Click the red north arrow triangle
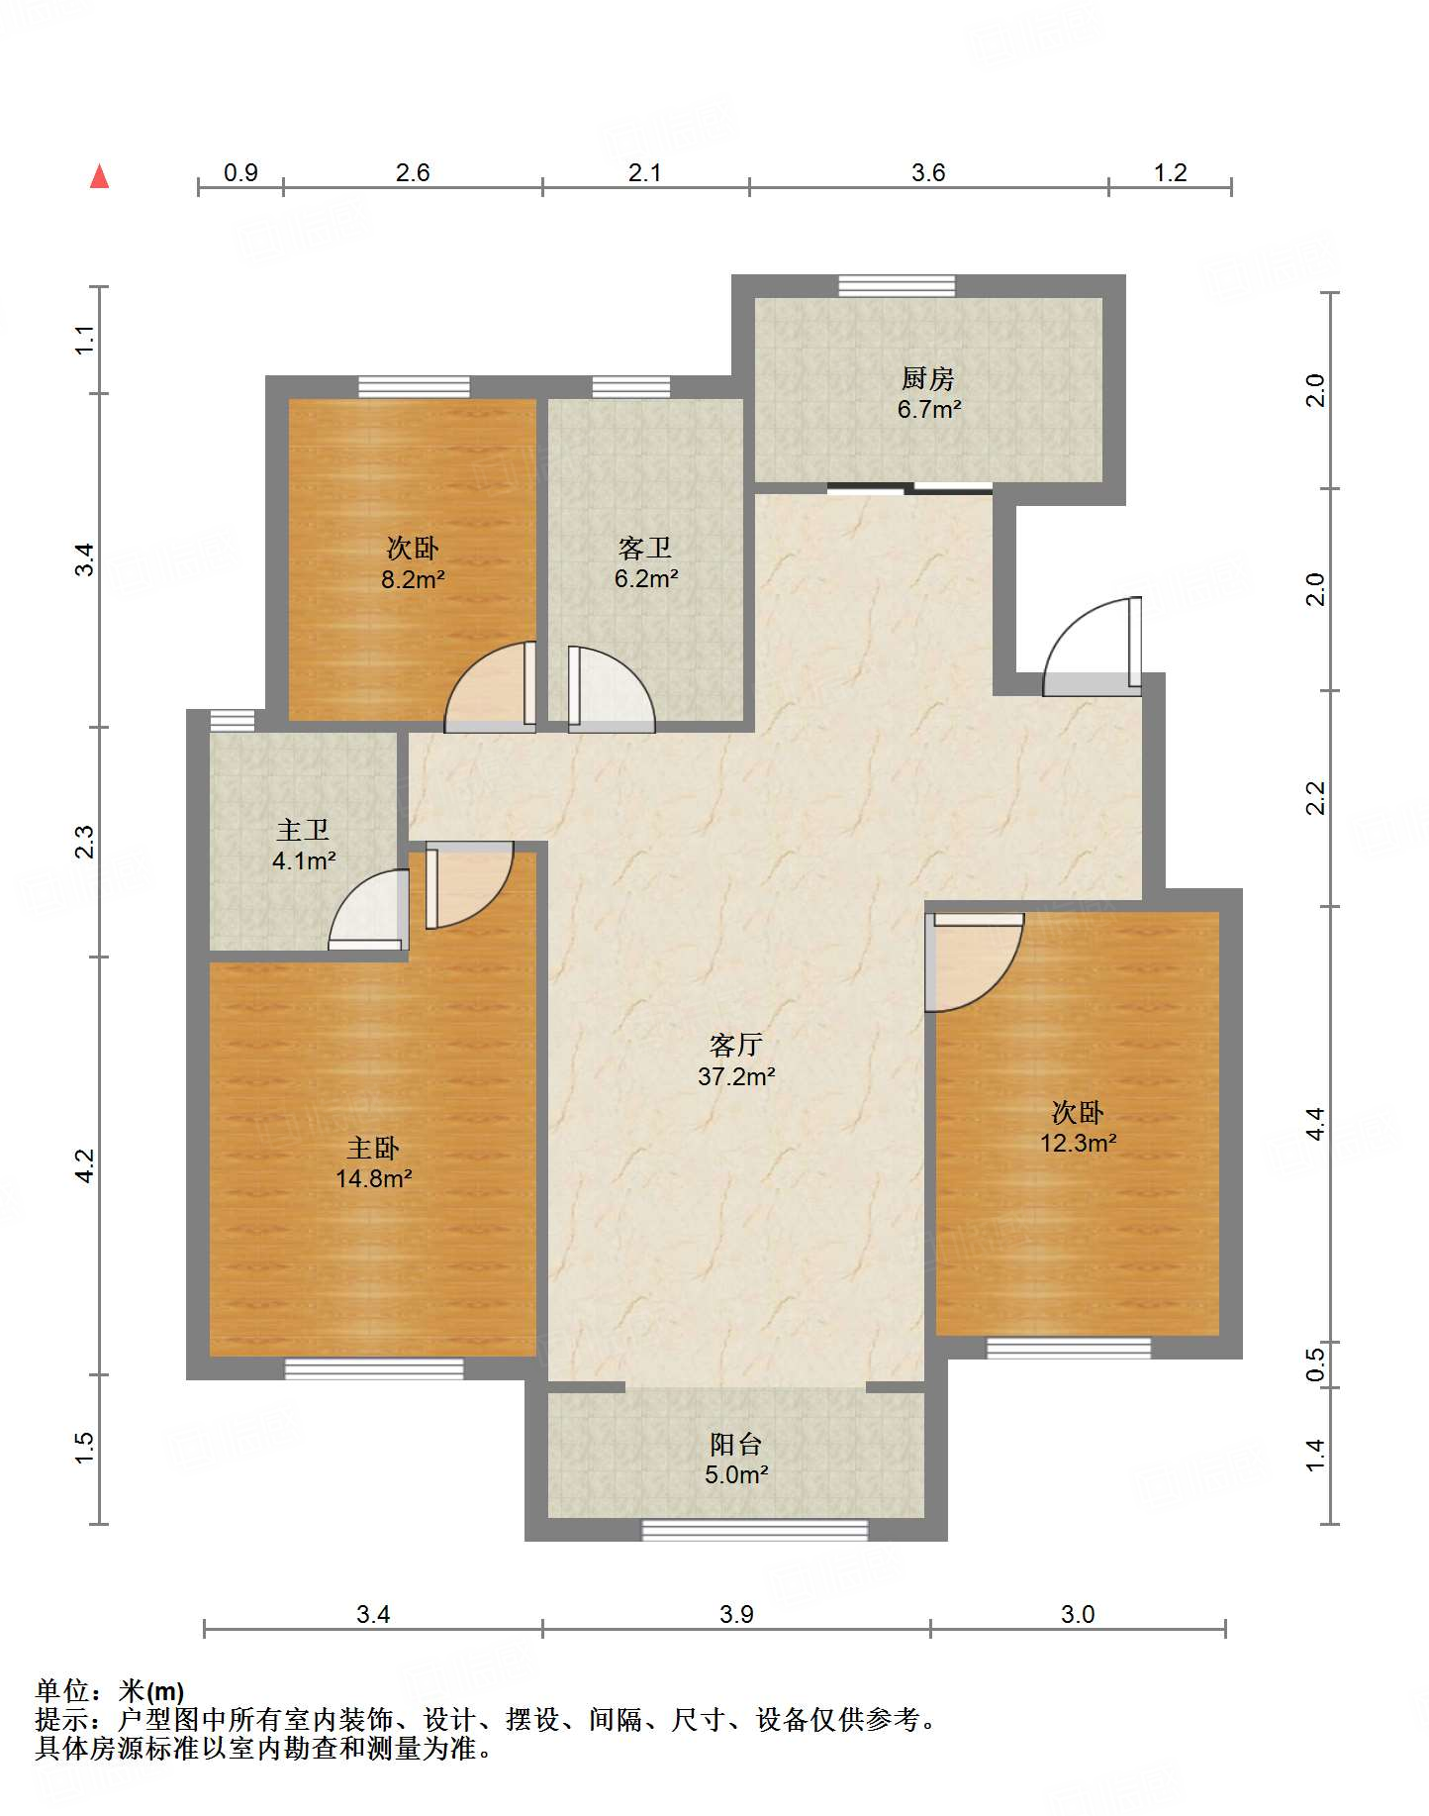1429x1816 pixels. point(99,177)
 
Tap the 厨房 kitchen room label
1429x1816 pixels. point(927,378)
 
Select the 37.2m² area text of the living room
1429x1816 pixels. point(736,1076)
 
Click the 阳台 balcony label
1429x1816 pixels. point(736,1444)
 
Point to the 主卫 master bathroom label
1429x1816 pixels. point(303,830)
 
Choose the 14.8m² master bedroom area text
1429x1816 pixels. point(373,1178)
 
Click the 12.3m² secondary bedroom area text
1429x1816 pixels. point(1078,1143)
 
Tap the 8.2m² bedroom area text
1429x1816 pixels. point(413,579)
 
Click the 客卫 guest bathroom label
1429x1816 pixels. point(645,548)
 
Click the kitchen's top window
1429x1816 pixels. point(897,286)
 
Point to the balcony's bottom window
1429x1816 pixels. point(755,1530)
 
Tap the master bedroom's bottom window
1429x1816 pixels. point(374,1368)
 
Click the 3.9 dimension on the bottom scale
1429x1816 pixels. point(736,1614)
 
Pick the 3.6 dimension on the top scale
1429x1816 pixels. point(928,172)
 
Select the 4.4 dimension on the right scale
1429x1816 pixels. point(1315,1124)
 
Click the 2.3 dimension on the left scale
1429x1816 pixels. point(85,842)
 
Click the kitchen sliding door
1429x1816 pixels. point(909,487)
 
